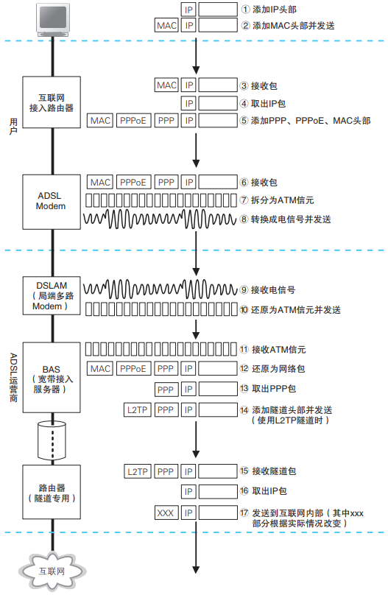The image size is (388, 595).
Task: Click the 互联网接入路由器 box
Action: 51,102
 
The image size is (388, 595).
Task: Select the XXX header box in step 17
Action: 166,512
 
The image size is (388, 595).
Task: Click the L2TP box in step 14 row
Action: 138,409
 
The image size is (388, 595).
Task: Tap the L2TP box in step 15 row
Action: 138,470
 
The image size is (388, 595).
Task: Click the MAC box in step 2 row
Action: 166,25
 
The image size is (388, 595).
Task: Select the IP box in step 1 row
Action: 189,9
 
